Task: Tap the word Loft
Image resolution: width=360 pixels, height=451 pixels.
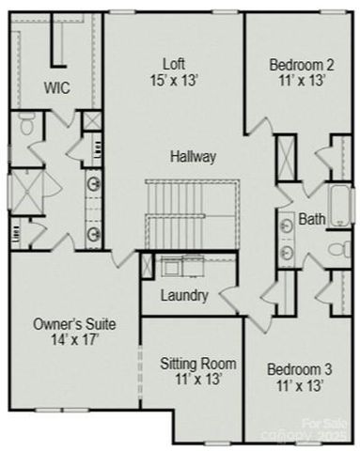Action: [174, 64]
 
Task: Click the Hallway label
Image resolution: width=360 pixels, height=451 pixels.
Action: [194, 156]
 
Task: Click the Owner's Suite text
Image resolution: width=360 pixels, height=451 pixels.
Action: [74, 324]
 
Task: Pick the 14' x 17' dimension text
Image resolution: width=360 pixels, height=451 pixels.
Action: [74, 340]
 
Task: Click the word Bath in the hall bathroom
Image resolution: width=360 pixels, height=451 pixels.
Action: [311, 219]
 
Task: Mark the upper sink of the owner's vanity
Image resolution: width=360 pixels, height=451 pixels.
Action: [94, 184]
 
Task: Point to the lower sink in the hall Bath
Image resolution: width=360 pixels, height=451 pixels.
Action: [285, 252]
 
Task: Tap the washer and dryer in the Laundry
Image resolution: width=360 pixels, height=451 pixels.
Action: [180, 267]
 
